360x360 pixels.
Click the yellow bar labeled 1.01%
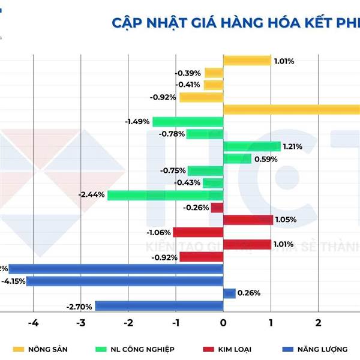[x=247, y=61]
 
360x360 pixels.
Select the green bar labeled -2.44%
[x=165, y=195]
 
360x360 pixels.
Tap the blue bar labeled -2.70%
[x=159, y=306]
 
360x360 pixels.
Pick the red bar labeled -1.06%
[x=198, y=232]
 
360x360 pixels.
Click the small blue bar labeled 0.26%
[x=229, y=293]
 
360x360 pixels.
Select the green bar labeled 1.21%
[x=251, y=146]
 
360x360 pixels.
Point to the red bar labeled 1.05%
[x=248, y=220]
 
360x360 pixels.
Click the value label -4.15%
[x=13, y=281]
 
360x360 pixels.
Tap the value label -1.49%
[x=137, y=122]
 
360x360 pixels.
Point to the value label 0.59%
[x=266, y=159]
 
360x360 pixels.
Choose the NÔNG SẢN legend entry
[x=42, y=349]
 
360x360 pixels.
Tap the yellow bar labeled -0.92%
[x=201, y=97]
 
